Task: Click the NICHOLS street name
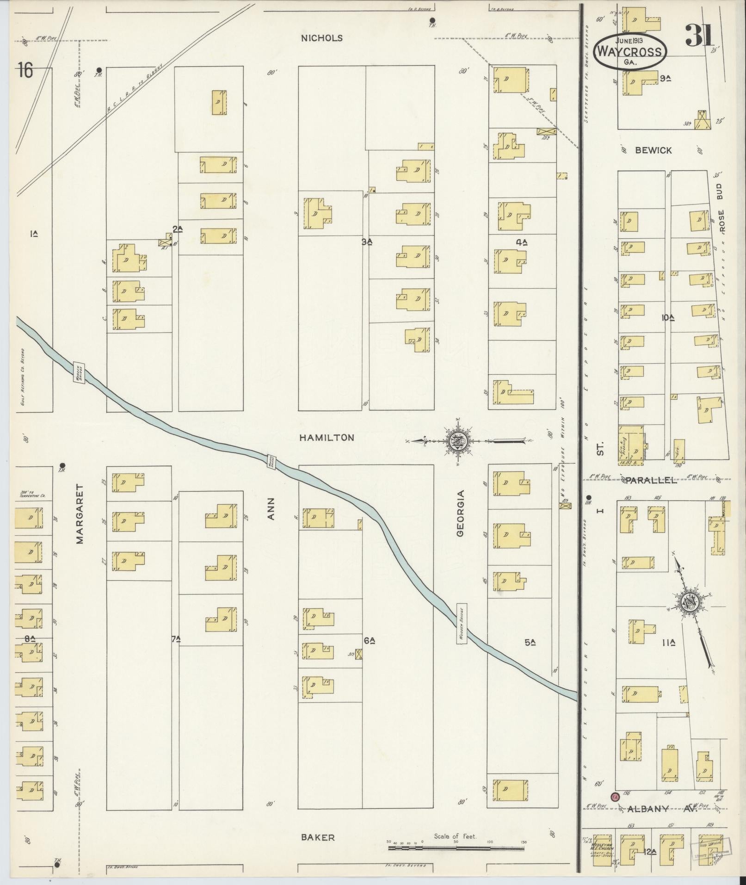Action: pyautogui.click(x=321, y=38)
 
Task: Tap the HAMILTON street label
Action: pyautogui.click(x=326, y=437)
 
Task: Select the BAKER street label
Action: pyautogui.click(x=318, y=837)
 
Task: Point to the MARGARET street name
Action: pyautogui.click(x=80, y=514)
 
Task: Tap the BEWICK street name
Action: pyautogui.click(x=653, y=150)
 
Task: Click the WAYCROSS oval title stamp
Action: pyautogui.click(x=630, y=52)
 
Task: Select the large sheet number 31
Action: pyautogui.click(x=700, y=35)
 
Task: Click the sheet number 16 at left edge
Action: pyautogui.click(x=25, y=71)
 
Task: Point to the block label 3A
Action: pyautogui.click(x=367, y=241)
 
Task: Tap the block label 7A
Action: pyautogui.click(x=176, y=639)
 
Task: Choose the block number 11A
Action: pyautogui.click(x=669, y=643)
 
